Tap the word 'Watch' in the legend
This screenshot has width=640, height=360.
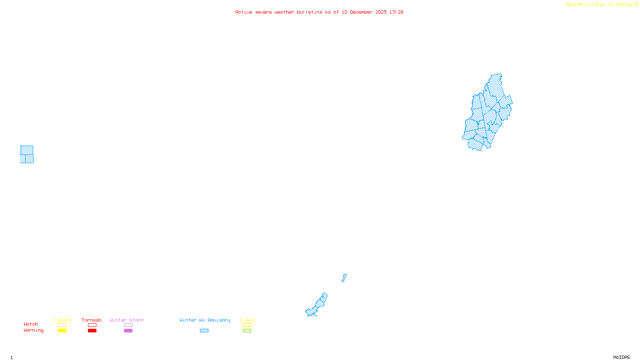tap(31, 324)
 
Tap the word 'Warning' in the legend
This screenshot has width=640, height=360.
tap(33, 330)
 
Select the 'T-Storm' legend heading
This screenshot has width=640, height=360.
tap(62, 320)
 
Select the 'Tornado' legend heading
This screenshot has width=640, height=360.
tap(92, 320)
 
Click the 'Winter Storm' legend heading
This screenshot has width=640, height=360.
tap(126, 320)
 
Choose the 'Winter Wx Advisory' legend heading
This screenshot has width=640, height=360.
tap(205, 320)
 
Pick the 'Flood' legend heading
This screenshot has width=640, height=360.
tap(247, 320)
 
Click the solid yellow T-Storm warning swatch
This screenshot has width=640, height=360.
tap(62, 331)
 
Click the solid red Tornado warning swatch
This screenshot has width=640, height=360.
tap(92, 331)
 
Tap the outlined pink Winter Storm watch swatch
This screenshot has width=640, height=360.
tap(128, 325)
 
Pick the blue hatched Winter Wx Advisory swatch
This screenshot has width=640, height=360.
tap(204, 331)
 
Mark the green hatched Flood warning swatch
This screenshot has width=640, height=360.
tap(247, 331)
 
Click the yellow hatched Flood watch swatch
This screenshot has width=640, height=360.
tap(247, 325)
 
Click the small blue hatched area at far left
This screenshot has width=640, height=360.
tap(27, 154)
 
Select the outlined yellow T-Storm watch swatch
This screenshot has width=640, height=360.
tap(62, 325)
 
